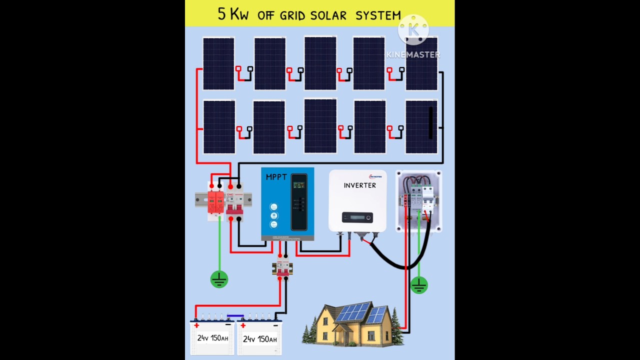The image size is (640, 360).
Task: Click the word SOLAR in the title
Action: (328, 15)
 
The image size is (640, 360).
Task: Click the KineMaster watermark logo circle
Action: (413, 30)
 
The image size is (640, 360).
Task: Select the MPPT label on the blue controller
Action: (276, 177)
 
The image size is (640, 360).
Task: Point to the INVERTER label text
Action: (359, 185)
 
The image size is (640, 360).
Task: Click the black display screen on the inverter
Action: (357, 217)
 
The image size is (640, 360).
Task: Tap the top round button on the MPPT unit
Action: (273, 207)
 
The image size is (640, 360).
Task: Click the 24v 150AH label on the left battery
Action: (212, 338)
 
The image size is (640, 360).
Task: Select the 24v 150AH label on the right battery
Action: (259, 339)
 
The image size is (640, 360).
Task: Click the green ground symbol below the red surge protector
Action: (219, 279)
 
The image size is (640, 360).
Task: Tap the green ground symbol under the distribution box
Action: (418, 285)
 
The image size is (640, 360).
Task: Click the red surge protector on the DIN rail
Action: (215, 202)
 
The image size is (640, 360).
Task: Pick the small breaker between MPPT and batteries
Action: (282, 266)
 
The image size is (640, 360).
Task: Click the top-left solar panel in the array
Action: (218, 63)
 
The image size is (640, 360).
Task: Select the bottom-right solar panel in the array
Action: (421, 126)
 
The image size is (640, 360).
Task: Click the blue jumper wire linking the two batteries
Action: (235, 316)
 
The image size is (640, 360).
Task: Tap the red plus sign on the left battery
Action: (196, 325)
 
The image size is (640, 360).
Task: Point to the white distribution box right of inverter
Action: (418, 201)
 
